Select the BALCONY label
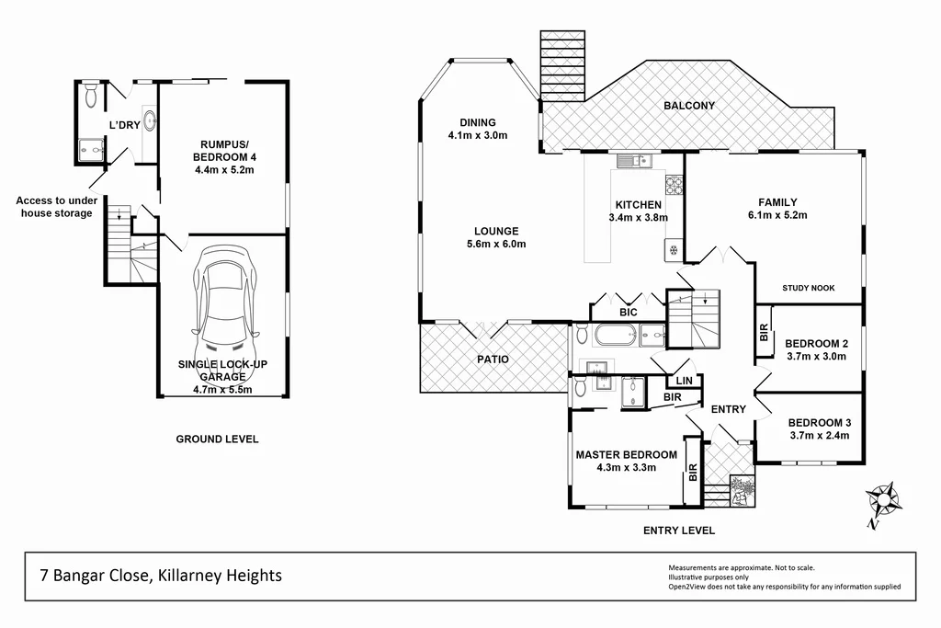688,106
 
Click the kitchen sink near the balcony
631,162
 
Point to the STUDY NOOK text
808,288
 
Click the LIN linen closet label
683,380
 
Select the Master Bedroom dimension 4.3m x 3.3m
626,469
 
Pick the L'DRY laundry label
124,125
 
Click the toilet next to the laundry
89,96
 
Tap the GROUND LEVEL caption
217,440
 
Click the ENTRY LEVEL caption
678,531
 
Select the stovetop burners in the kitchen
673,185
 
